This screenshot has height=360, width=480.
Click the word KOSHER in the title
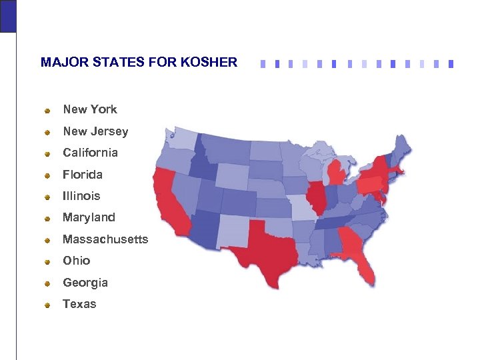pyautogui.click(x=213, y=63)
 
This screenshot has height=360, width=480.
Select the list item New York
pyautogui.click(x=90, y=109)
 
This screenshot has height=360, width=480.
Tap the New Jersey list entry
pyautogui.click(x=95, y=131)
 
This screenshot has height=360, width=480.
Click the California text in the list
pyautogui.click(x=90, y=153)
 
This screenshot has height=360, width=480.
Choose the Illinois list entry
pyautogui.click(x=81, y=196)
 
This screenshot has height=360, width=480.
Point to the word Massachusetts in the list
pyautogui.click(x=105, y=239)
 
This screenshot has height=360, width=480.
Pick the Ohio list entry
pyautogui.click(x=76, y=261)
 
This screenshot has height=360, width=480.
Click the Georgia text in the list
pyautogui.click(x=85, y=283)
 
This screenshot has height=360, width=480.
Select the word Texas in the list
pyautogui.click(x=79, y=304)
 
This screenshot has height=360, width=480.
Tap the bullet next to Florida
pyautogui.click(x=48, y=176)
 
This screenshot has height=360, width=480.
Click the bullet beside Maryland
pyautogui.click(x=48, y=219)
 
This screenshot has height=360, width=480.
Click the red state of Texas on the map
pyautogui.click(x=266, y=253)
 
